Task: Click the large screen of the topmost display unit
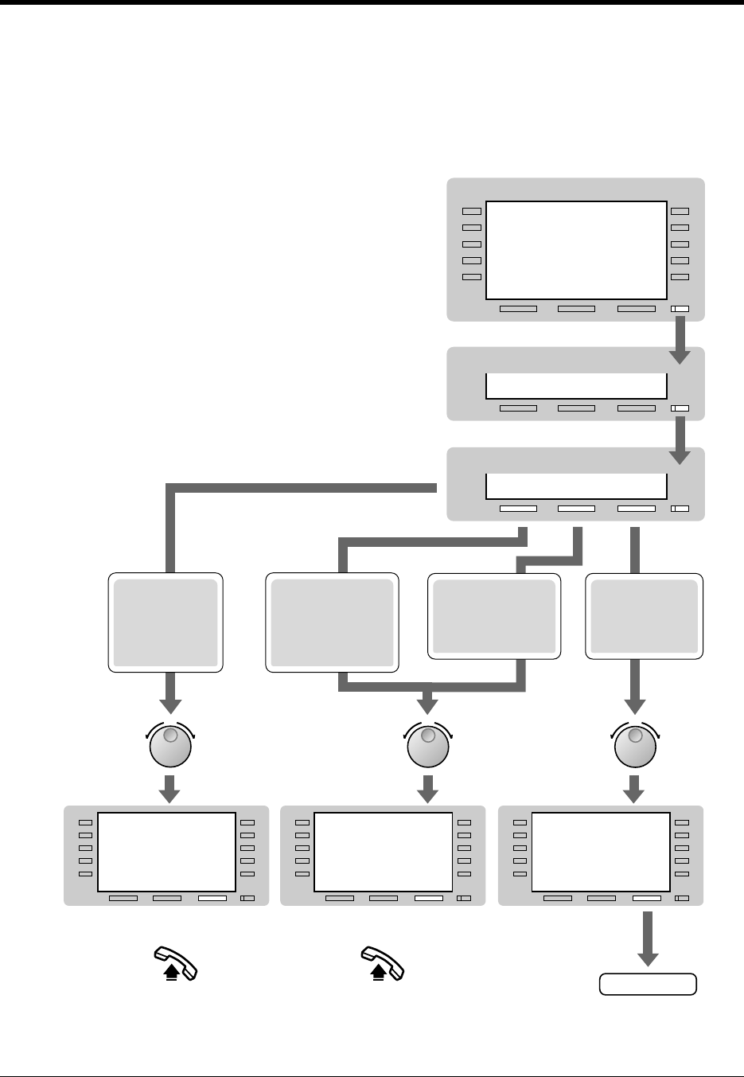pos(575,250)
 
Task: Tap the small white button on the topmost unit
pos(680,309)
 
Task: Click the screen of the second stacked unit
pos(575,386)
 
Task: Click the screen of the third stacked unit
pos(575,486)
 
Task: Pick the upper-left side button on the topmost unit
pos(472,212)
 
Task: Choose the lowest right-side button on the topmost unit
pos(680,277)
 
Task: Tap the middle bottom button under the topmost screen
pos(576,309)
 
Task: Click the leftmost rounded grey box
pos(166,622)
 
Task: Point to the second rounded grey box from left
pos(332,622)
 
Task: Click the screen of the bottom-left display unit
pos(167,852)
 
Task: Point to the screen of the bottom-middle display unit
pos(384,852)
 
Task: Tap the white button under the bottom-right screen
pos(647,899)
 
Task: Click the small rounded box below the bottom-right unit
pos(648,985)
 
